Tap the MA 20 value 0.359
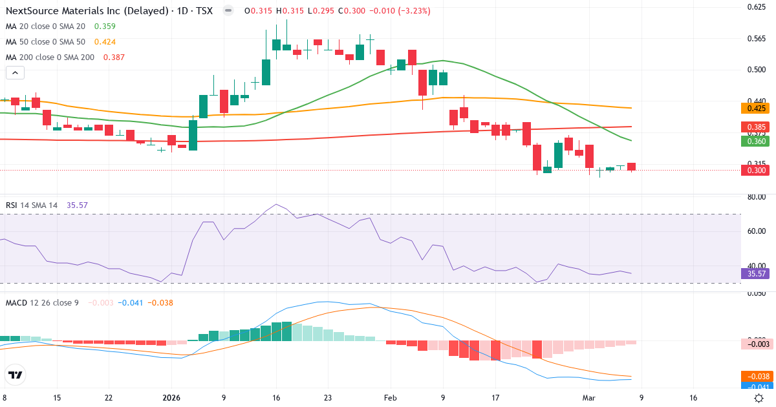click(105, 26)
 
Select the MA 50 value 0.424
click(105, 42)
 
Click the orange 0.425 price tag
click(756, 109)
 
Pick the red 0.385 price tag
click(756, 127)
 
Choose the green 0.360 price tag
click(756, 141)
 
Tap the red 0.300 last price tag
click(756, 170)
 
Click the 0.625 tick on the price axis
click(756, 7)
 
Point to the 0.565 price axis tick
click(756, 39)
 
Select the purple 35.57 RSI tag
click(756, 274)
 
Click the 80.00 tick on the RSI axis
click(756, 197)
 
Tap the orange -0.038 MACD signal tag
click(756, 376)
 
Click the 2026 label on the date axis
click(172, 398)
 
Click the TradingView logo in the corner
click(16, 375)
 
